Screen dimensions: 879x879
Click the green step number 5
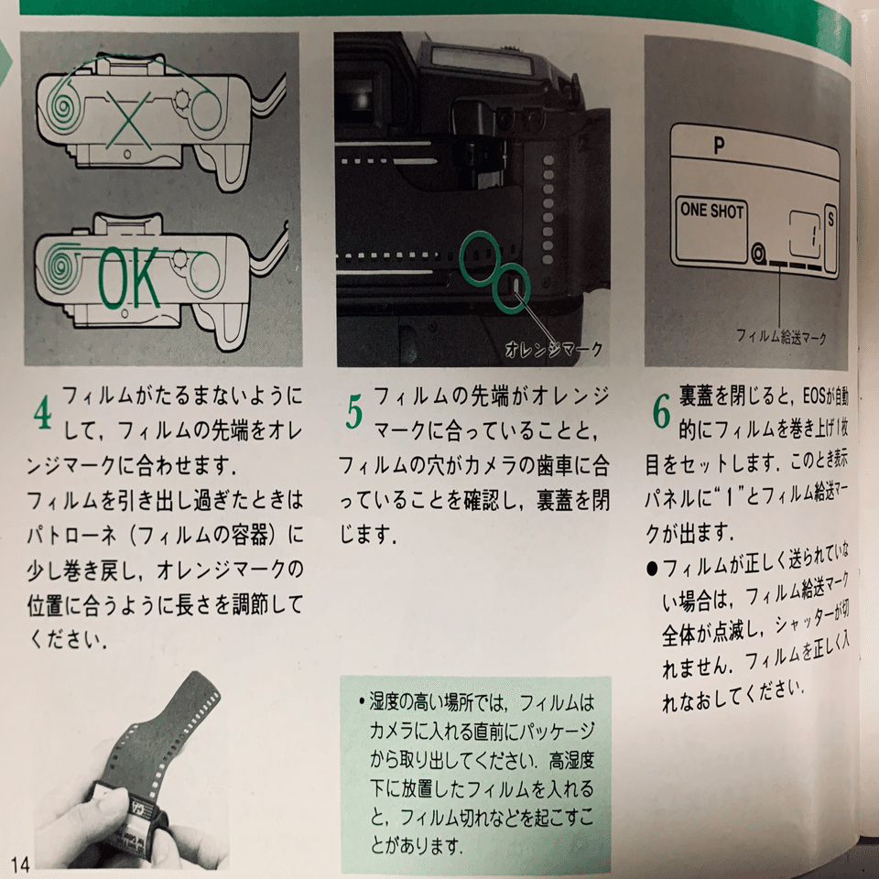[355, 414]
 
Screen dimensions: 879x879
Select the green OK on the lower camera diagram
[128, 278]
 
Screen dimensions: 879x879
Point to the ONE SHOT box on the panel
[712, 211]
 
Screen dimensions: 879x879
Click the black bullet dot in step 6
[651, 567]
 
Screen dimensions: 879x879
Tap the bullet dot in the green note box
[361, 706]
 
